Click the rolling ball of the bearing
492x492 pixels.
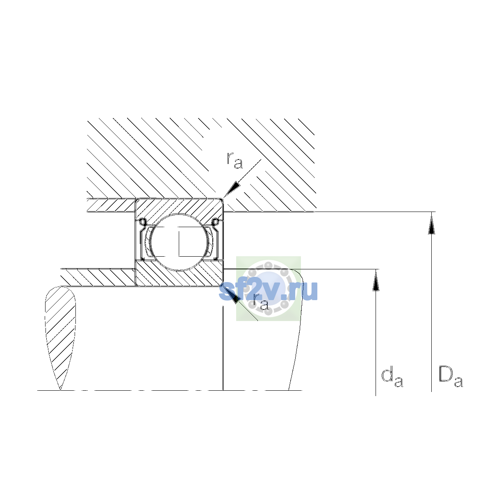click(x=179, y=242)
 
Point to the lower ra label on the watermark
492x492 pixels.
click(x=260, y=303)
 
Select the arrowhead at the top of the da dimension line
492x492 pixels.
click(x=376, y=280)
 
